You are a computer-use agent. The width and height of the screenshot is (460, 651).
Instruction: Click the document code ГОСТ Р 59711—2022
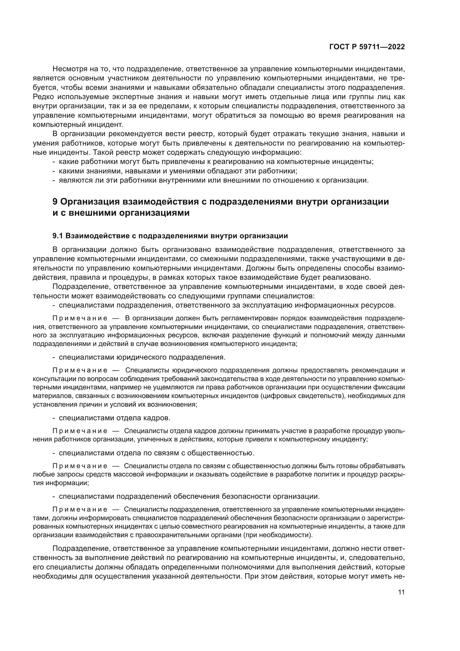click(x=367, y=47)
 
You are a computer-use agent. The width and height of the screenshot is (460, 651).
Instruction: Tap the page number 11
click(x=401, y=592)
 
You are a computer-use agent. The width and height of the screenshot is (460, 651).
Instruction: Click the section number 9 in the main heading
click(x=55, y=202)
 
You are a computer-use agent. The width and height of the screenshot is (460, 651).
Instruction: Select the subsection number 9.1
click(x=58, y=236)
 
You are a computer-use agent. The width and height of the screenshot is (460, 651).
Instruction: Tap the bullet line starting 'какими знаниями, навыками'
click(x=178, y=171)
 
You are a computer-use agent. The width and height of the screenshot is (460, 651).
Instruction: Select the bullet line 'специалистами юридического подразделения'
click(x=142, y=357)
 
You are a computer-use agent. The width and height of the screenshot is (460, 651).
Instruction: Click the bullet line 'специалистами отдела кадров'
click(x=114, y=418)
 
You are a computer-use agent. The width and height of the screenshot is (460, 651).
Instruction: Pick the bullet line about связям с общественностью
click(x=156, y=453)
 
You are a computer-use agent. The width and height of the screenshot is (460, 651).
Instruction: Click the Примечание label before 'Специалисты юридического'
click(x=80, y=370)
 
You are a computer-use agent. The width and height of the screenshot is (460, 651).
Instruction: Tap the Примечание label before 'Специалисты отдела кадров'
click(x=80, y=431)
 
